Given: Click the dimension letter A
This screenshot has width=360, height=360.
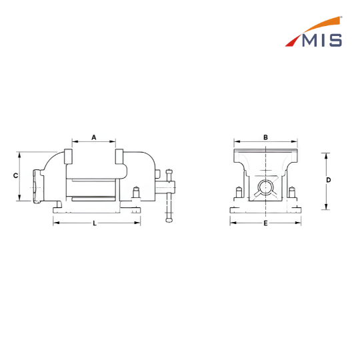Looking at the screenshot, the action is pyautogui.click(x=94, y=137).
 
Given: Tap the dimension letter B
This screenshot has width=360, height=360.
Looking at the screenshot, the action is pyautogui.click(x=265, y=137).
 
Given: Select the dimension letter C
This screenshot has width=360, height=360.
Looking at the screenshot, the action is pyautogui.click(x=15, y=175).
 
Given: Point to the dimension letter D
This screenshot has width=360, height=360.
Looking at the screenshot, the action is pyautogui.click(x=329, y=180).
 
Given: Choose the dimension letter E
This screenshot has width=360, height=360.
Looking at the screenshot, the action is pyautogui.click(x=265, y=223).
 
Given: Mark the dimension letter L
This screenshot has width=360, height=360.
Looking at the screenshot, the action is pyautogui.click(x=95, y=223).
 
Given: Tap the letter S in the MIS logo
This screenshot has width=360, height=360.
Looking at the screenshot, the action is pyautogui.click(x=335, y=41).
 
